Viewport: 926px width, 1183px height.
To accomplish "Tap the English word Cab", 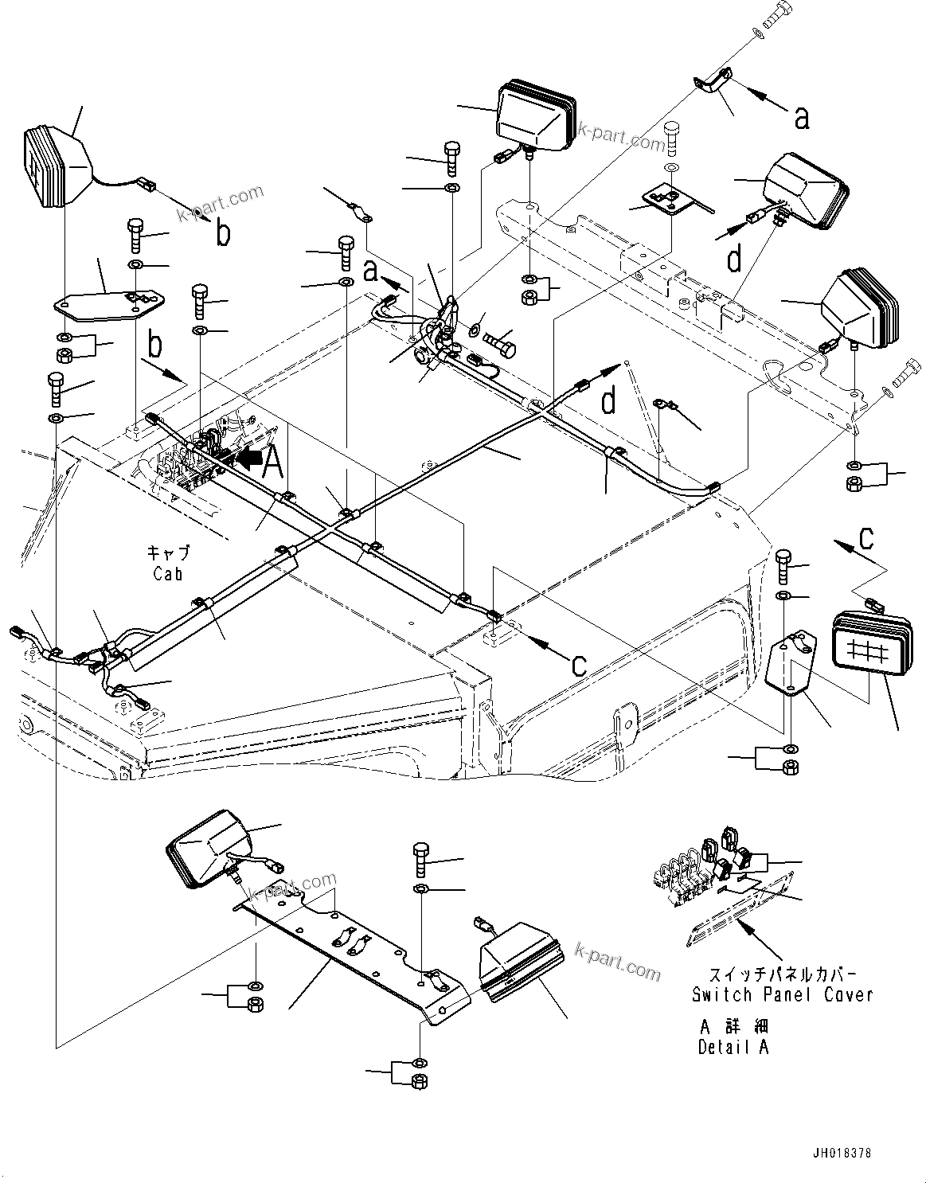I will coord(168,573).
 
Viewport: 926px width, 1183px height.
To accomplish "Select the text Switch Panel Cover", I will coord(782,994).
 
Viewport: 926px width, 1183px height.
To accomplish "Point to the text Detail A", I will coord(733,1048).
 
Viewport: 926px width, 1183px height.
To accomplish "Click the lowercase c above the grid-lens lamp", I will coord(866,537).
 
